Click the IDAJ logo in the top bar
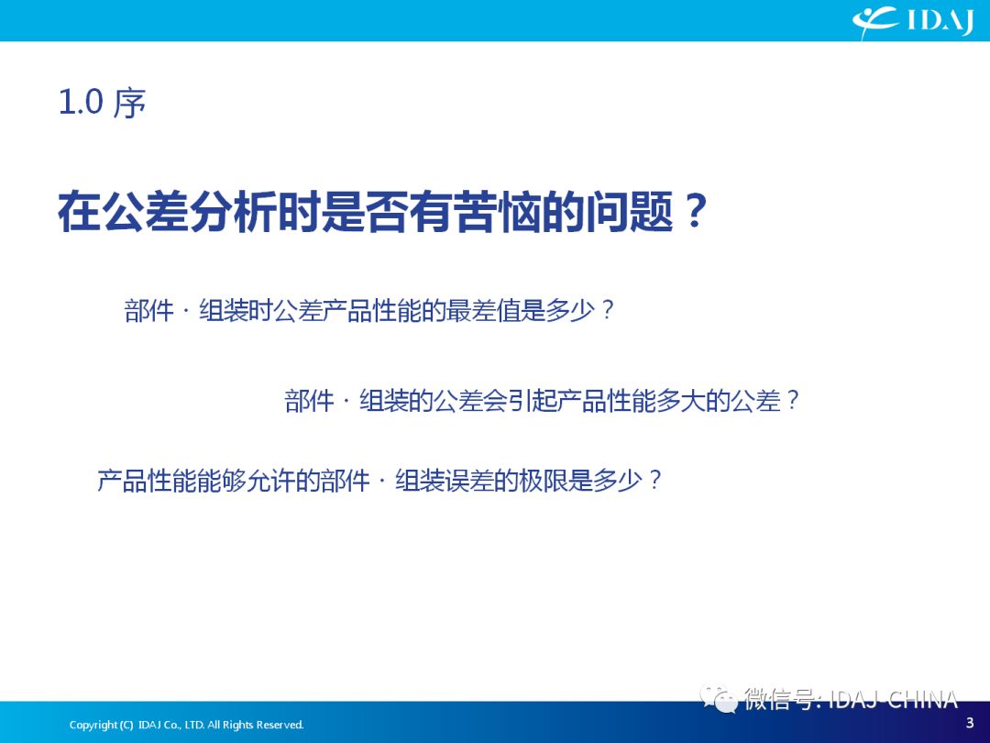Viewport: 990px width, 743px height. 913,21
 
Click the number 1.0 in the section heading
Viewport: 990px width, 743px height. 80,102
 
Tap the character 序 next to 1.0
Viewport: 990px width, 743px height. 129,103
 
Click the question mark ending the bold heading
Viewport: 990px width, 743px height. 693,212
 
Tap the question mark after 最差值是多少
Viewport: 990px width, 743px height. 608,310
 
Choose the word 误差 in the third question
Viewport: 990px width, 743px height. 469,480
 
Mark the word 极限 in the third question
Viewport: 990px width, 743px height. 543,480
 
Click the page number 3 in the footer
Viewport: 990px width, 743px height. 970,722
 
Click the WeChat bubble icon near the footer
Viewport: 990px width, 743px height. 718,698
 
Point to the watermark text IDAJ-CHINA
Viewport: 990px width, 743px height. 893,699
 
